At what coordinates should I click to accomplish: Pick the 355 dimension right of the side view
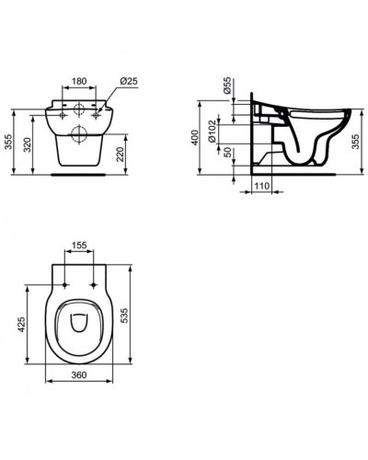pyautogui.click(x=357, y=140)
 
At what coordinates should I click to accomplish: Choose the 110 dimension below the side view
pyautogui.click(x=261, y=187)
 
